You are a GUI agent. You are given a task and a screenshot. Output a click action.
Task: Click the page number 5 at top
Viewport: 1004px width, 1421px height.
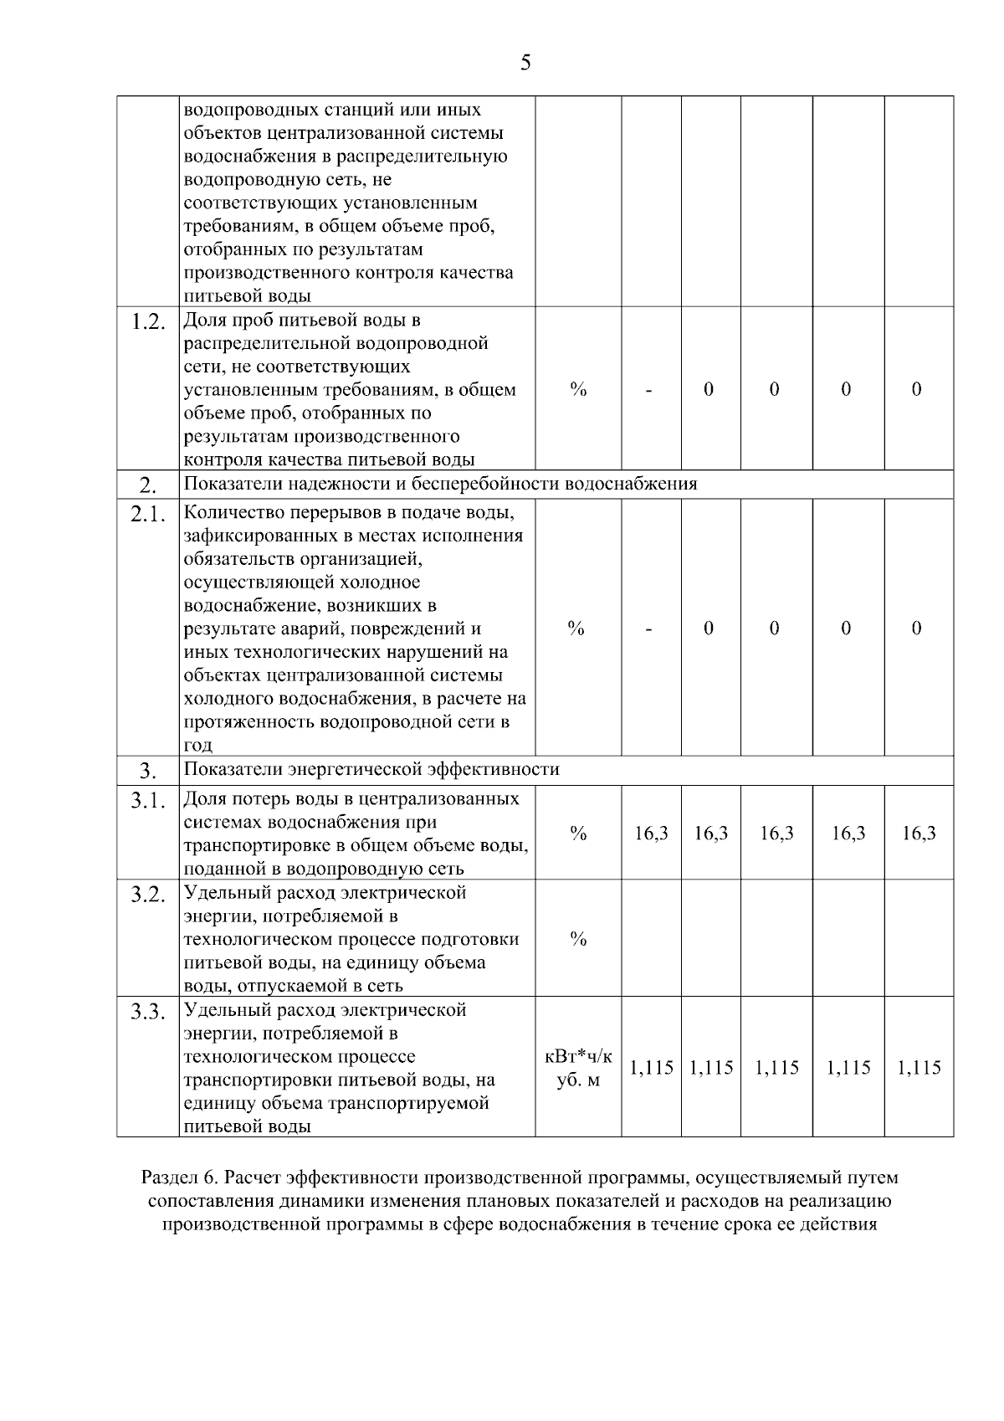pyautogui.click(x=525, y=63)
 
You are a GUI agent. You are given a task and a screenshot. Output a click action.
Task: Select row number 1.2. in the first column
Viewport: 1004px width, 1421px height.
pyautogui.click(x=148, y=323)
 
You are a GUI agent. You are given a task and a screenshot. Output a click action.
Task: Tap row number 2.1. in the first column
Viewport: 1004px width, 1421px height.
pyautogui.click(x=148, y=516)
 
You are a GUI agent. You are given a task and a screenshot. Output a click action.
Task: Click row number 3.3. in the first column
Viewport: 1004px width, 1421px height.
pyautogui.click(x=148, y=1013)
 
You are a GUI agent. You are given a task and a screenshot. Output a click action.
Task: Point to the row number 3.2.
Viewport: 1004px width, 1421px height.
pyautogui.click(x=148, y=895)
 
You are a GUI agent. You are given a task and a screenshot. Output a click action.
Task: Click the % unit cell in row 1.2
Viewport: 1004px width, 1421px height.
pyautogui.click(x=578, y=389)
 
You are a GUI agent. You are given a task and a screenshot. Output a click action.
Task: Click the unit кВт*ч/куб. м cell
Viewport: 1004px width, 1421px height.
pyautogui.click(x=578, y=1069)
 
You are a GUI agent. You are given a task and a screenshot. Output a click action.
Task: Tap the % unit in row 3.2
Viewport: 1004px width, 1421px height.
pyautogui.click(x=578, y=939)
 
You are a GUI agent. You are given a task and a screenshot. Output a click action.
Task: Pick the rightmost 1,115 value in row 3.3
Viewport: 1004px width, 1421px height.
pyautogui.click(x=919, y=1068)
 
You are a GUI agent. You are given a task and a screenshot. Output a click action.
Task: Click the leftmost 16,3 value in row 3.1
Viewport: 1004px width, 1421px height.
pyautogui.click(x=651, y=834)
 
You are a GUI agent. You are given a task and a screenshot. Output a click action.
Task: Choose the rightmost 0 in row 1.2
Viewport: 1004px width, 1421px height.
pyautogui.click(x=917, y=389)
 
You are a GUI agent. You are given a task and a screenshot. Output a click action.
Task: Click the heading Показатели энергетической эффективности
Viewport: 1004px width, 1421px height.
pyautogui.click(x=371, y=769)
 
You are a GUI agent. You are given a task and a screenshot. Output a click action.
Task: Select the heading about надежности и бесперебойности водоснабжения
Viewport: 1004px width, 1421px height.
pyautogui.click(x=440, y=485)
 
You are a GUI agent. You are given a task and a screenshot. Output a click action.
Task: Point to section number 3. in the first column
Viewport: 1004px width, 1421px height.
pyautogui.click(x=148, y=771)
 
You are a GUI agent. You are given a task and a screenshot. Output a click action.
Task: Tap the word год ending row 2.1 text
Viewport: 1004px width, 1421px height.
pyautogui.click(x=198, y=746)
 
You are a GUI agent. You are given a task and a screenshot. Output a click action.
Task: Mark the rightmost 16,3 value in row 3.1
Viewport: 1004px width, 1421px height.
pyautogui.click(x=919, y=834)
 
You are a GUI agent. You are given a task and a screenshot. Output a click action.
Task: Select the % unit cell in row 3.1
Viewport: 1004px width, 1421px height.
pyautogui.click(x=578, y=834)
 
